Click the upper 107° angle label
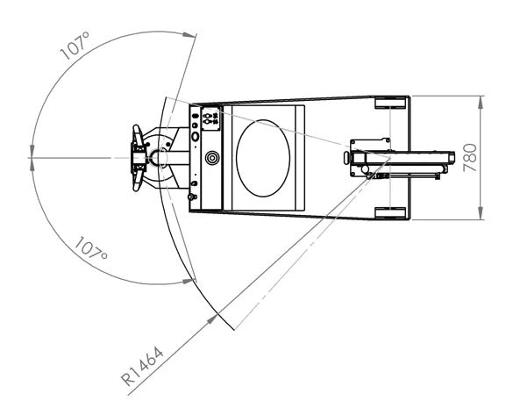click(x=75, y=46)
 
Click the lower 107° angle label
click(x=91, y=248)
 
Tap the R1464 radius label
click(x=142, y=366)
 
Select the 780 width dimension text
click(x=470, y=158)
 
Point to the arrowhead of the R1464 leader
click(x=212, y=319)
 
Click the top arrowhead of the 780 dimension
click(x=481, y=103)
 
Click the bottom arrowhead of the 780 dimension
click(x=481, y=213)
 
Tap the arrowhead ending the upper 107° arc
click(x=189, y=34)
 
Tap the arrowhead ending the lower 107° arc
click(x=189, y=282)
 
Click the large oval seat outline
click(x=263, y=158)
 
